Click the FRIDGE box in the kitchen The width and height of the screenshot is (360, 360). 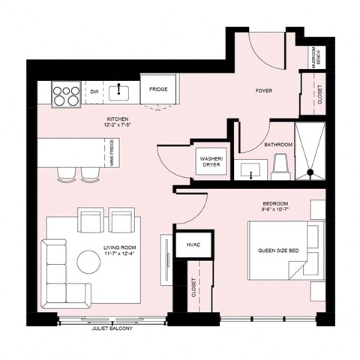pos(158,91)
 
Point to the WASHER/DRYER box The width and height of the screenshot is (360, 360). pos(210,161)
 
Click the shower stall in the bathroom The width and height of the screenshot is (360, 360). pos(309,153)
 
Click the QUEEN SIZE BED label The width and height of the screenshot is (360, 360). pos(279,251)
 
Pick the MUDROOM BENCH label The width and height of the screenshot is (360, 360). pos(316,57)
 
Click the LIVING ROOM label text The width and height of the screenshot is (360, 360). pos(124,252)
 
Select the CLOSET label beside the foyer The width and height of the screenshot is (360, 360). pos(320,94)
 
